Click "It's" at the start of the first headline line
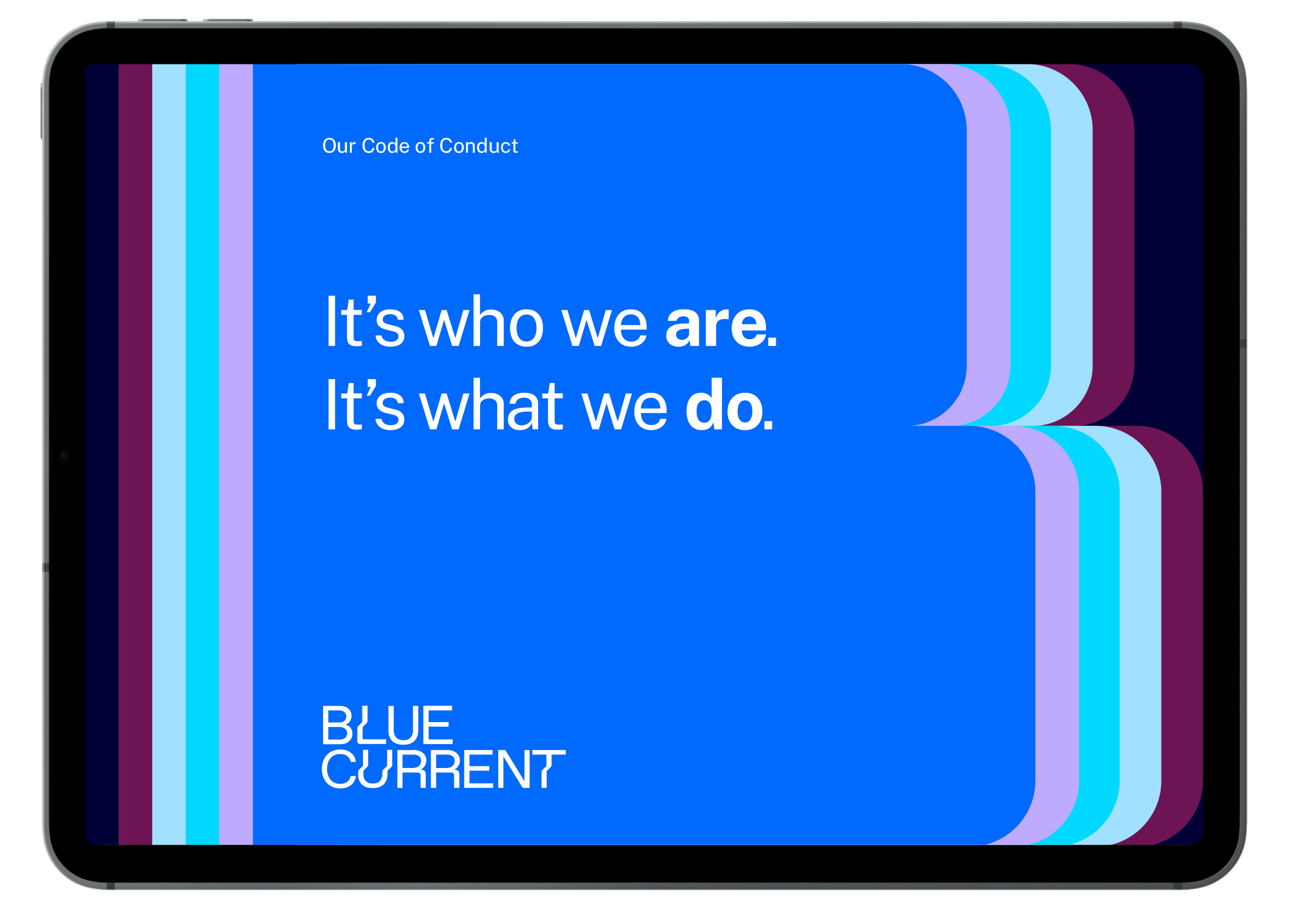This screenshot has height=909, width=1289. pyautogui.click(x=365, y=321)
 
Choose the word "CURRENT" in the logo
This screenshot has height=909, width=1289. pyautogui.click(x=443, y=769)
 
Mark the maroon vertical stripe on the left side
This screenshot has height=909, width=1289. pyautogui.click(x=135, y=454)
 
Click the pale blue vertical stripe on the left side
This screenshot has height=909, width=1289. pyautogui.click(x=169, y=454)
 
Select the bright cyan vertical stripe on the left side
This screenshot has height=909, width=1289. pyautogui.click(x=202, y=454)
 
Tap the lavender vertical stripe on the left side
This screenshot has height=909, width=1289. pyautogui.click(x=236, y=454)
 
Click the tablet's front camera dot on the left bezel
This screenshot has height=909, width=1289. pyautogui.click(x=63, y=455)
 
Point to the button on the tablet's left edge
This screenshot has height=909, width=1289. pyautogui.click(x=41, y=111)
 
